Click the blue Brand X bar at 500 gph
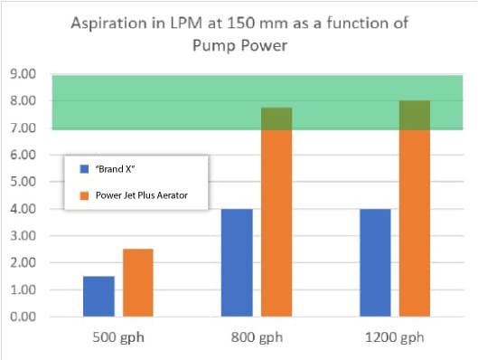coord(98,296)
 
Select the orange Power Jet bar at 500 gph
coord(138,282)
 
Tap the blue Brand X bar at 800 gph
coord(237,262)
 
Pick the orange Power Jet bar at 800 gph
coord(276,213)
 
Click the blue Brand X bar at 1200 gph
coord(375,262)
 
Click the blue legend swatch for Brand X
coord(83,169)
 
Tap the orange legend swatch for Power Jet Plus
coord(83,194)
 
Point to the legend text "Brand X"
coord(110,169)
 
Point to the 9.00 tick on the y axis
coord(23,73)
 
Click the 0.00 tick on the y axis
coord(23,317)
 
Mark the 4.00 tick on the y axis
coord(23,209)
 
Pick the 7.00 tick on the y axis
coord(23,128)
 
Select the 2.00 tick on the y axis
coord(23,263)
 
